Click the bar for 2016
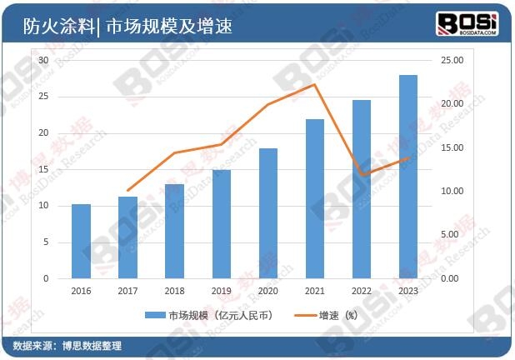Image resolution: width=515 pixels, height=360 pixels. tap(81, 241)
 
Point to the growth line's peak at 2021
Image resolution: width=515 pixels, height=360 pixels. tap(314, 84)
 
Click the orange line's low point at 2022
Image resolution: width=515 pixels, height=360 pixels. tap(361, 175)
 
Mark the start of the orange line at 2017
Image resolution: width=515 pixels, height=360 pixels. tap(127, 191)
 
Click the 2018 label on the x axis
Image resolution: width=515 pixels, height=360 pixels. tap(174, 291)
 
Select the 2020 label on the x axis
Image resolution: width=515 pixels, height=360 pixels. tap(267, 291)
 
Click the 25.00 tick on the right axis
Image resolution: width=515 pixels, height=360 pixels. tap(452, 61)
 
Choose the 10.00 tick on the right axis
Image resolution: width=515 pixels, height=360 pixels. tap(452, 191)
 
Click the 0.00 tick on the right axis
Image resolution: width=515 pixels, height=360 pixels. tap(450, 278)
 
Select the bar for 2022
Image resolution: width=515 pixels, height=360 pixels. tap(361, 189)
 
